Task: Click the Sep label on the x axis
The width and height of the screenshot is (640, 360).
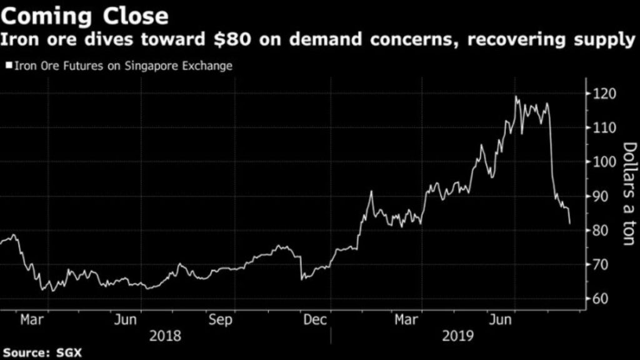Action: (x=221, y=320)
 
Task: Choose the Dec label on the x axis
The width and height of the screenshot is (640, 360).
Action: (x=315, y=320)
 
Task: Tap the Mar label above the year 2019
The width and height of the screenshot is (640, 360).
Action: (x=407, y=320)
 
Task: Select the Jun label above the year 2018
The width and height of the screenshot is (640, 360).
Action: (x=126, y=320)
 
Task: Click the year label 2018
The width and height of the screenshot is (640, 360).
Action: (x=166, y=336)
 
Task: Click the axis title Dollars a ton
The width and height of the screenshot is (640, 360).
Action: (x=629, y=193)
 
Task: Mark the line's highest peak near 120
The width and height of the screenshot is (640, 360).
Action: (x=516, y=96)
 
